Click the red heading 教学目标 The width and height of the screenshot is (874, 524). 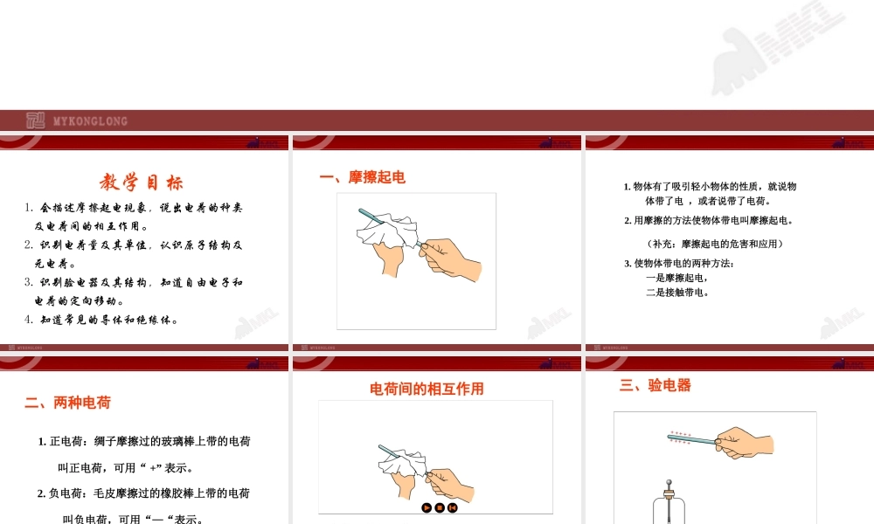click(x=142, y=183)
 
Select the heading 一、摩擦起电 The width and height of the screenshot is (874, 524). click(x=363, y=178)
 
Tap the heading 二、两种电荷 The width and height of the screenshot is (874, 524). click(x=68, y=403)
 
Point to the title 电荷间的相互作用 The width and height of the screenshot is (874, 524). click(x=427, y=389)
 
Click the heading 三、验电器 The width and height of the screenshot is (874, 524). click(x=655, y=385)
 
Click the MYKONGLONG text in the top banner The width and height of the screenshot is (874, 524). click(x=90, y=121)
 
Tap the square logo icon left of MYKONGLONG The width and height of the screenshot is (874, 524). click(x=35, y=121)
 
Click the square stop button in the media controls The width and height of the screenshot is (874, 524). click(x=440, y=507)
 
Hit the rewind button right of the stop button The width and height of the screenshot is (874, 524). click(x=453, y=507)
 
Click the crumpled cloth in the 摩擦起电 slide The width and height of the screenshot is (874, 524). click(x=383, y=231)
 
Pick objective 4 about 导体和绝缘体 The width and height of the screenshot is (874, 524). click(x=103, y=320)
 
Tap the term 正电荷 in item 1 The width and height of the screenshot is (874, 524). click(x=66, y=442)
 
